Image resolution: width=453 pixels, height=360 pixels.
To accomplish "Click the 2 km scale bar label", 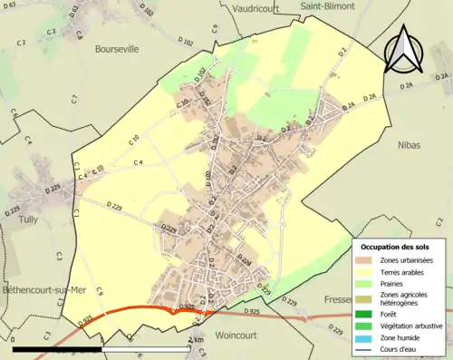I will (x=196, y=339).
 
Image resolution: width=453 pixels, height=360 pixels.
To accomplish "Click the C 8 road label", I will (x=79, y=36).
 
